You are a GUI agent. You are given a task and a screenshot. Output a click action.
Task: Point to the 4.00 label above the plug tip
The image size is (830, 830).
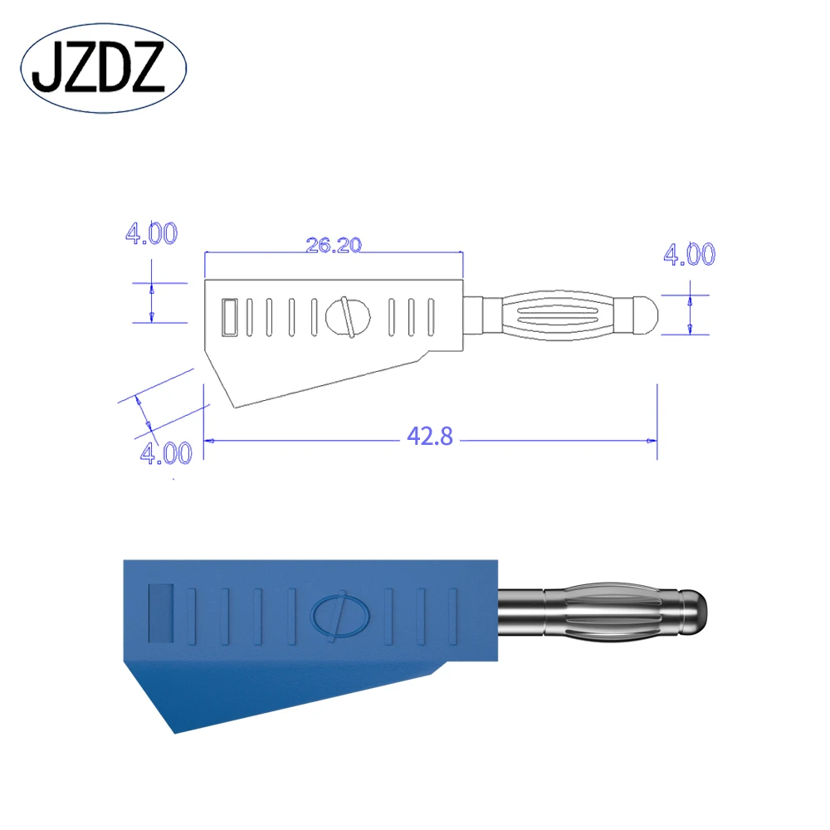click(x=688, y=256)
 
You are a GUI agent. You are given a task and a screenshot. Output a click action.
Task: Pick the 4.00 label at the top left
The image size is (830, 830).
click(x=150, y=234)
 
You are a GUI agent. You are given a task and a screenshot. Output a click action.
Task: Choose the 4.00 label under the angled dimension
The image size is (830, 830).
click(x=166, y=453)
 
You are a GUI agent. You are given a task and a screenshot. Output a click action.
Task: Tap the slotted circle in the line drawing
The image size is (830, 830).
click(x=348, y=316)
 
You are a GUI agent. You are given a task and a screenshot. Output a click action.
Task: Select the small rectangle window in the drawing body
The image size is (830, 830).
click(x=230, y=316)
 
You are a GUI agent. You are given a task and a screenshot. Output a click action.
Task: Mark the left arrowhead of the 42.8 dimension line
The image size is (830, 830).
click(x=210, y=442)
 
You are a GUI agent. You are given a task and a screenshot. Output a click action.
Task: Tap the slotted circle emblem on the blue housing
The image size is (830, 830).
click(x=337, y=617)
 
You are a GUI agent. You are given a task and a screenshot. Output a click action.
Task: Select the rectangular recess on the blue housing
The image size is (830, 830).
click(x=160, y=613)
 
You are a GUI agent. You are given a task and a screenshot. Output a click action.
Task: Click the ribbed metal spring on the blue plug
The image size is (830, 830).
click(x=610, y=613)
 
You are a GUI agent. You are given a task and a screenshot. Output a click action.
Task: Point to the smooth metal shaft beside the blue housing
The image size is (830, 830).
click(x=520, y=613)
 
